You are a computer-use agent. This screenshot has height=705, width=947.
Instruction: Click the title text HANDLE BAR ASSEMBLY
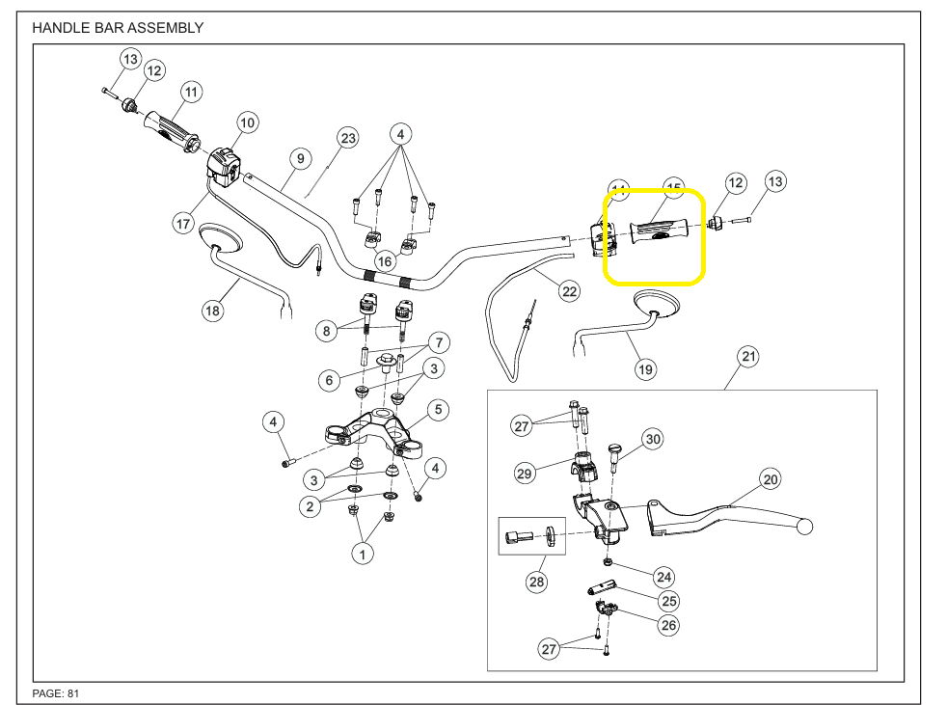[118, 28]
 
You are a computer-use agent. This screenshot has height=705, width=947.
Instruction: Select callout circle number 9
[300, 157]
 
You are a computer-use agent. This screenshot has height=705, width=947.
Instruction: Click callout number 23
[347, 139]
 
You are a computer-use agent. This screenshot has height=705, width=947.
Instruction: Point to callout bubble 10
[248, 122]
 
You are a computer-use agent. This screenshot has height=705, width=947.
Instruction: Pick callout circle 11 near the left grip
[191, 93]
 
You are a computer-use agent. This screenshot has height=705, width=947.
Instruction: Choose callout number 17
[183, 224]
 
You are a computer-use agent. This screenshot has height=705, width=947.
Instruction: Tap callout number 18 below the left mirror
[212, 311]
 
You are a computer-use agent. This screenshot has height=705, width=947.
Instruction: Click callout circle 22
[569, 290]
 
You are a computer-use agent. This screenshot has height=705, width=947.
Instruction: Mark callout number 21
[748, 357]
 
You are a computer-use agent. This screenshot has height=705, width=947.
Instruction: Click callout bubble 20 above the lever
[770, 478]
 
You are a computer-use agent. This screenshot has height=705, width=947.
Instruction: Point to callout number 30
[653, 440]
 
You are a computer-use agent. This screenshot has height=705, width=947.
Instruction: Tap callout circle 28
[536, 582]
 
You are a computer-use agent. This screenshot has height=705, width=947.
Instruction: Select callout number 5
[437, 410]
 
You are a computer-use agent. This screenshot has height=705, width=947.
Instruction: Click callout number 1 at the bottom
[363, 554]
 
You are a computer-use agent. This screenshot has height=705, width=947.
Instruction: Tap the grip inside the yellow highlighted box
[659, 232]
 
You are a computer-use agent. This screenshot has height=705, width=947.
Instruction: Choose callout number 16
[385, 260]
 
